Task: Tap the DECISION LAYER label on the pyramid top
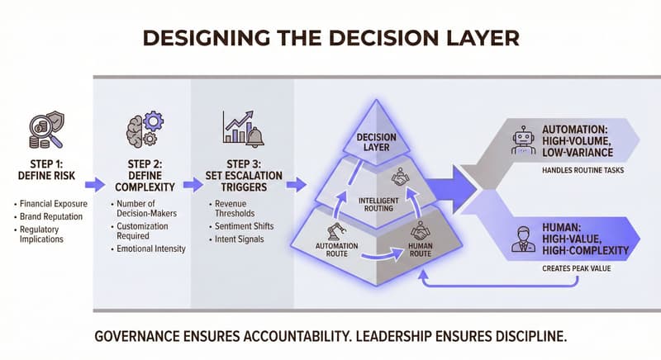(371, 142)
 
